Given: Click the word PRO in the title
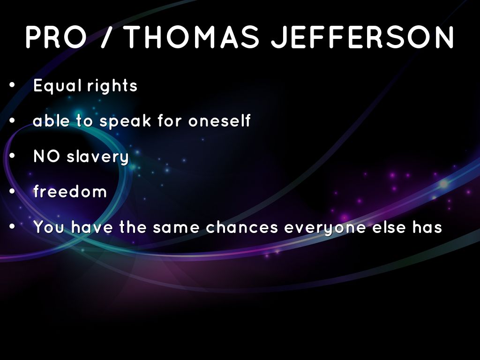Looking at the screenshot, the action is click(x=56, y=37).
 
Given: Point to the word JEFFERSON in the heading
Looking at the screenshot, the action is click(x=362, y=37).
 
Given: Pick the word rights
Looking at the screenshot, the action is click(x=112, y=85).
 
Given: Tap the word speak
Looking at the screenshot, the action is click(x=125, y=120).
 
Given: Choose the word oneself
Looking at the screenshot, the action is click(x=219, y=120).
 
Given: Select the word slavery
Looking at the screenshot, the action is click(x=97, y=157).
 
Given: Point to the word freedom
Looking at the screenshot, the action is click(x=70, y=192).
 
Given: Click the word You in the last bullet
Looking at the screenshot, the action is click(x=49, y=227).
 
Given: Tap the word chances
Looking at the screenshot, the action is click(x=242, y=227).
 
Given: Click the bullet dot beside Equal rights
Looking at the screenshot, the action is click(x=12, y=85).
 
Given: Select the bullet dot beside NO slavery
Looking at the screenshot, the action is click(x=12, y=156).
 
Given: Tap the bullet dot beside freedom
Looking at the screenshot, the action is click(x=12, y=191).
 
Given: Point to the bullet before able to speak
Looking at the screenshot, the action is click(x=12, y=120).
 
